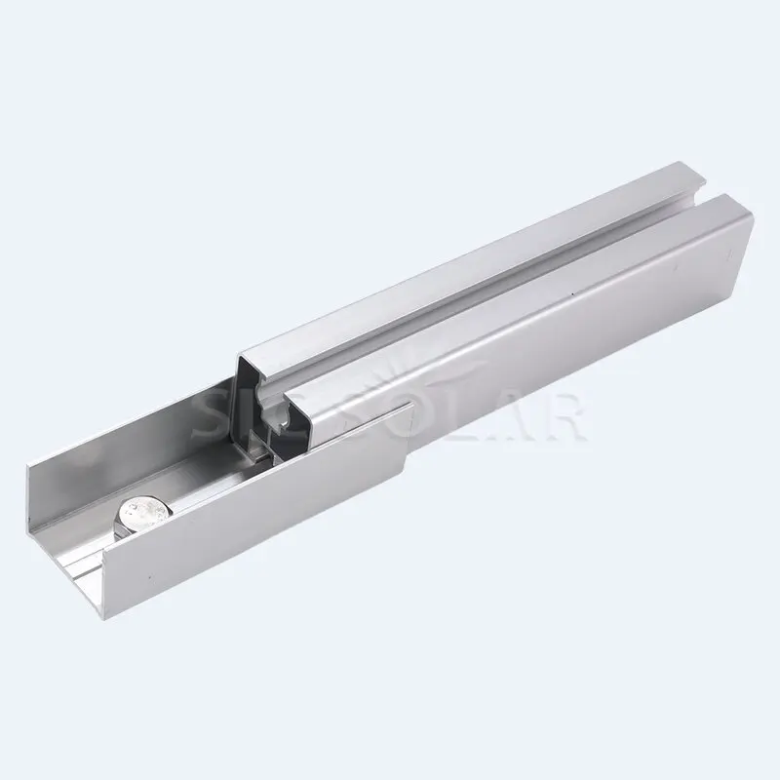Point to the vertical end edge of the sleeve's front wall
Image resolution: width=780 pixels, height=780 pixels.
click(x=402, y=458)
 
